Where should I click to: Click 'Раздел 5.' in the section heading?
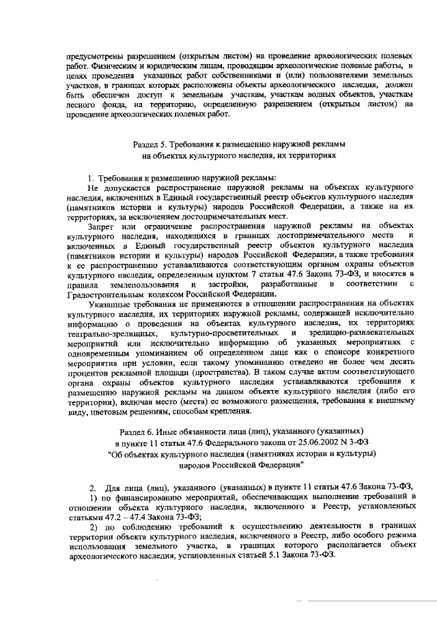click(x=148, y=145)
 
